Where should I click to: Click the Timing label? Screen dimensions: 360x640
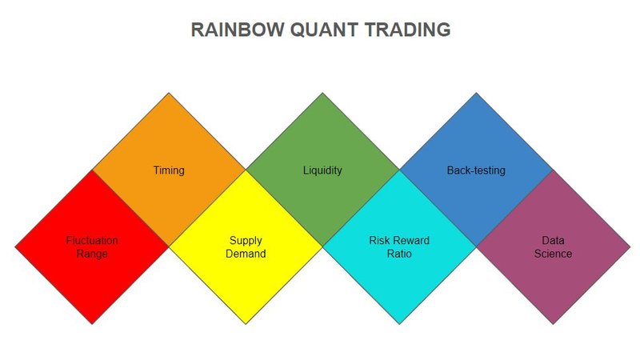pos(169,170)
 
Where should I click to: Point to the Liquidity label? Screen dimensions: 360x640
pos(322,170)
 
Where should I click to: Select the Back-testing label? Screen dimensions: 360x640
pos(476,170)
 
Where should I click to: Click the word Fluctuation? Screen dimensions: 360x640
pos(92,240)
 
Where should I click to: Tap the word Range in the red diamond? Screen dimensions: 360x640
pos(93,254)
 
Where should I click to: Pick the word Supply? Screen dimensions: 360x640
pos(246,240)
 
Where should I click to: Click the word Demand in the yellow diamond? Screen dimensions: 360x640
pos(246,254)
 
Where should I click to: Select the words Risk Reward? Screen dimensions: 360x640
pos(399,240)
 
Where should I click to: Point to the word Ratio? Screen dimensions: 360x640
pos(399,254)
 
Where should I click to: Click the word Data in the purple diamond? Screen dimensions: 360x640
pos(553,240)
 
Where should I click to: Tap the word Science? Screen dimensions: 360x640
pos(553,254)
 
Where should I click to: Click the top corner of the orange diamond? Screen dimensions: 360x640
pos(169,93)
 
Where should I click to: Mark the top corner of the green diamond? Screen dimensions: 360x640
pos(322,93)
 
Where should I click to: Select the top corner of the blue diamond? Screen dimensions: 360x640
pos(476,93)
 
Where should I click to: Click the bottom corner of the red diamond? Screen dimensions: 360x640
pos(92,324)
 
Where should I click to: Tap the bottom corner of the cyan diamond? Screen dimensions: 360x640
pos(399,324)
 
